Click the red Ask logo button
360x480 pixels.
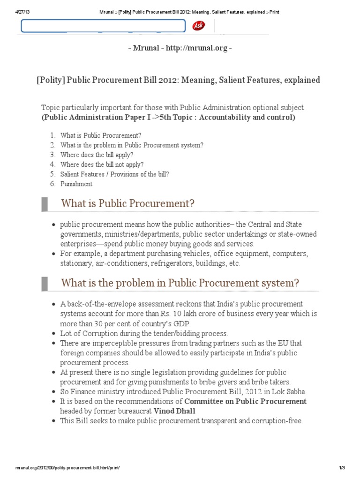click(x=198, y=26)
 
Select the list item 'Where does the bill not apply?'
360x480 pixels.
click(x=102, y=165)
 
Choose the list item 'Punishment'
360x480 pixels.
click(x=76, y=184)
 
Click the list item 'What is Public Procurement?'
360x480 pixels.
click(x=101, y=135)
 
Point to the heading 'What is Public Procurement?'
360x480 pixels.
click(x=127, y=204)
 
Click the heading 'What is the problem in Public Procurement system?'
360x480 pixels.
click(x=180, y=283)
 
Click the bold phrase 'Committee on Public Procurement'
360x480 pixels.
click(x=245, y=401)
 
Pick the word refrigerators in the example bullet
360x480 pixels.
click(x=172, y=263)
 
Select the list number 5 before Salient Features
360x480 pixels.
click(x=53, y=174)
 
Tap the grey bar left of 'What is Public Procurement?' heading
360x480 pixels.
click(x=45, y=204)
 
